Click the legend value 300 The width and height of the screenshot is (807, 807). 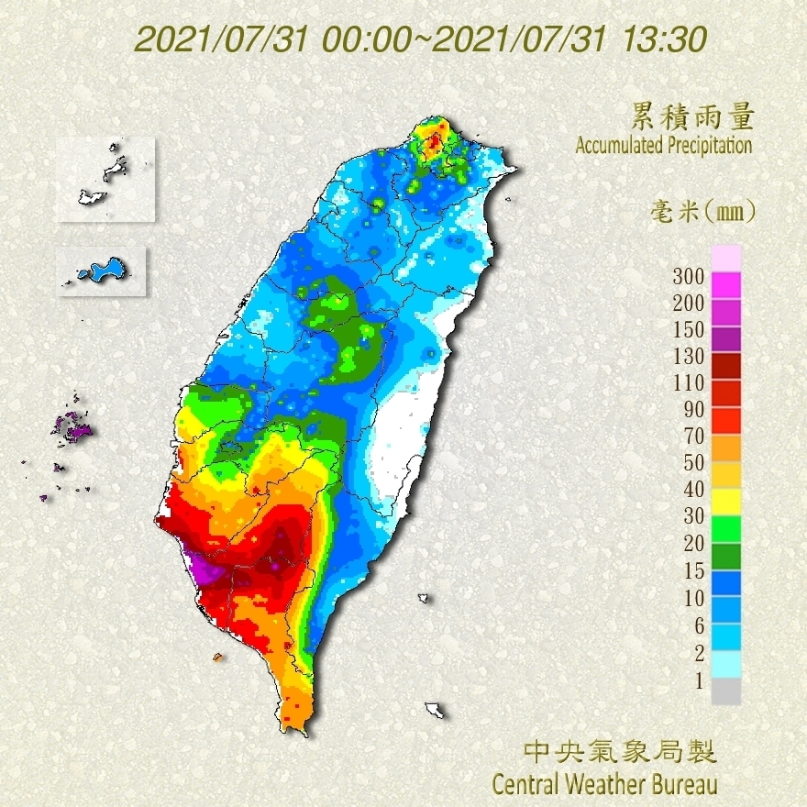pos(688,276)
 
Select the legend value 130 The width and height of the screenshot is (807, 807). pos(688,356)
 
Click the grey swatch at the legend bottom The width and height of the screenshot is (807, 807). pos(725,691)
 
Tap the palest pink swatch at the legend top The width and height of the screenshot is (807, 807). pos(725,259)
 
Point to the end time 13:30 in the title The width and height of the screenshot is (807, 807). pos(664,40)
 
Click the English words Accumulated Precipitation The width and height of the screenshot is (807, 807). pos(664,145)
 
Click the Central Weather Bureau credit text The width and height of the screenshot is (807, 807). pos(604,784)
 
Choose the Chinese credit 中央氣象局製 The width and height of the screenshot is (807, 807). pos(619,752)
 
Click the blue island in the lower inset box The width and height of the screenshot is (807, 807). pos(104,271)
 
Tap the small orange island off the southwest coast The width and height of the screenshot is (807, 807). pos(218,657)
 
